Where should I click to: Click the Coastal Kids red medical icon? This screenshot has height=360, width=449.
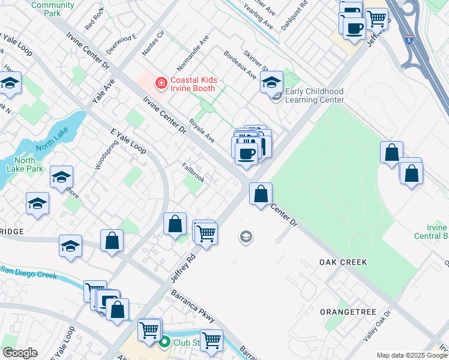pyautogui.click(x=161, y=83)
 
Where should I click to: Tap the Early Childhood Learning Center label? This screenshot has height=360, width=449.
pyautogui.click(x=314, y=95)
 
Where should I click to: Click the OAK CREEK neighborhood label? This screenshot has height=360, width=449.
pyautogui.click(x=343, y=263)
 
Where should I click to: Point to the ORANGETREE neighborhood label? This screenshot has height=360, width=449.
pyautogui.click(x=348, y=312)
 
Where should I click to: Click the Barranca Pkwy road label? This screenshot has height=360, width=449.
pyautogui.click(x=191, y=307)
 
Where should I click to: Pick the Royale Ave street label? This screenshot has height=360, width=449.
pyautogui.click(x=202, y=130)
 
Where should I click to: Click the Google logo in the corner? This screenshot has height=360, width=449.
pyautogui.click(x=20, y=353)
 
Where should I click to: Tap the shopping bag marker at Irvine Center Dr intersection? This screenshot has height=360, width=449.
pyautogui.click(x=261, y=194)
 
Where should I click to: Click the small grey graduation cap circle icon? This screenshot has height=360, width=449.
pyautogui.click(x=245, y=238)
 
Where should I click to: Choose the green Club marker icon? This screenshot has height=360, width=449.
pyautogui.click(x=164, y=343)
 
